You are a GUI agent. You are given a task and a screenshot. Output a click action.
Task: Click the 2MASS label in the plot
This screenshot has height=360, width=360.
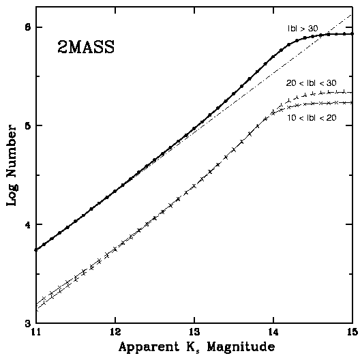coord(86,47)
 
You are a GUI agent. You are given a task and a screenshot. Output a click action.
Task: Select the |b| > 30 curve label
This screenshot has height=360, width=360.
coord(303,29)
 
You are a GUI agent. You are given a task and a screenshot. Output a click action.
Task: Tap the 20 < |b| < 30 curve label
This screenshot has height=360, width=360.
coord(311,83)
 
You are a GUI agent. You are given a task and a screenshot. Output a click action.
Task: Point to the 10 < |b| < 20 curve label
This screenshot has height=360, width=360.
coord(312,118)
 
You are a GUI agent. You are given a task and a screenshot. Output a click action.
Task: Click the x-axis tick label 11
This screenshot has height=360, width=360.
coord(35,333)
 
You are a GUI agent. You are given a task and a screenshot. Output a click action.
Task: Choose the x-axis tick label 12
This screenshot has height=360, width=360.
coord(115,333)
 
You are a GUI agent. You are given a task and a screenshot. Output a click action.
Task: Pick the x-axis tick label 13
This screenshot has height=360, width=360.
coord(194,333)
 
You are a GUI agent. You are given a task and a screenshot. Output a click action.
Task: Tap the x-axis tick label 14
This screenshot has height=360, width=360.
coord(273,333)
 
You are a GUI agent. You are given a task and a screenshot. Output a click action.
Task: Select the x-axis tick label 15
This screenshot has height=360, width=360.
coord(352,333)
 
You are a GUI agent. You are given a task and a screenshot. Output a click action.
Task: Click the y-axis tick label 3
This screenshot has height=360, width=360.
coord(28,324)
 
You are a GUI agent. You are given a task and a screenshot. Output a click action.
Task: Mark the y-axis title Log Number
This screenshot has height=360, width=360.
coord(12,166)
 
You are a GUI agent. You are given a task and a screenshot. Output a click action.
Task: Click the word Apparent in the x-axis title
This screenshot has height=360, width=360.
coord(149,346)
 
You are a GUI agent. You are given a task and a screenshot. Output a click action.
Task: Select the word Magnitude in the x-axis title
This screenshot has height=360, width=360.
coord(241,347)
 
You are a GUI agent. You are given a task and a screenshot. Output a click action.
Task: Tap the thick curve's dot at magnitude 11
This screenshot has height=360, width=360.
coord(36,250)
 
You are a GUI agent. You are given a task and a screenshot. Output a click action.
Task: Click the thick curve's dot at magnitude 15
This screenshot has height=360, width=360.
coord(352,34)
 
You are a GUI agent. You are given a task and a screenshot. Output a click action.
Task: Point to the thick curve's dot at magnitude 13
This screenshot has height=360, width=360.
coord(194,128)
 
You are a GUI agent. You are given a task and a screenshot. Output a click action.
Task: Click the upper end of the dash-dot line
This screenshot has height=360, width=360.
coord(352,14)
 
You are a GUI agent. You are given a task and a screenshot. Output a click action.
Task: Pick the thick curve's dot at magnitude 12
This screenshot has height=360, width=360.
coord(115,191)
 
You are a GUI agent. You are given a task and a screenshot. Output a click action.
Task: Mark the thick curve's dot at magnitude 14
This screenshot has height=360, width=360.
coord(273,57)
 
